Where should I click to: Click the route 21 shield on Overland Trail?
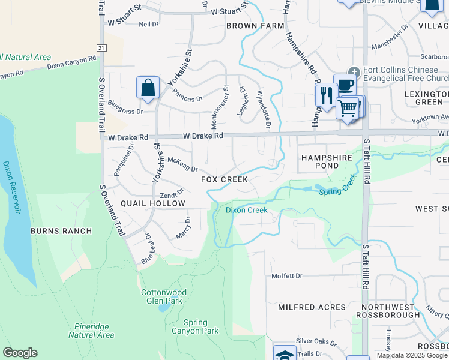(x=101, y=47)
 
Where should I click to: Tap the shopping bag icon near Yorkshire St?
(x=148, y=88)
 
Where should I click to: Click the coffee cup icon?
(x=345, y=85)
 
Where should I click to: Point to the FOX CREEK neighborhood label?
(x=224, y=179)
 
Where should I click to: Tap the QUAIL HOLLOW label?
(x=153, y=203)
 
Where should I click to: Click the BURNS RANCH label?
(x=62, y=231)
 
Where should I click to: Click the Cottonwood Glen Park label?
(x=164, y=296)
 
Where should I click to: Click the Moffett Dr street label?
(x=286, y=276)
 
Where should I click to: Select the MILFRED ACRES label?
(x=312, y=307)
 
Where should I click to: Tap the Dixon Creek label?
(x=246, y=210)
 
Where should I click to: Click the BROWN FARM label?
(x=255, y=26)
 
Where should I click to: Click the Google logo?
(x=20, y=353)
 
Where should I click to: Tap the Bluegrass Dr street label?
(x=126, y=111)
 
